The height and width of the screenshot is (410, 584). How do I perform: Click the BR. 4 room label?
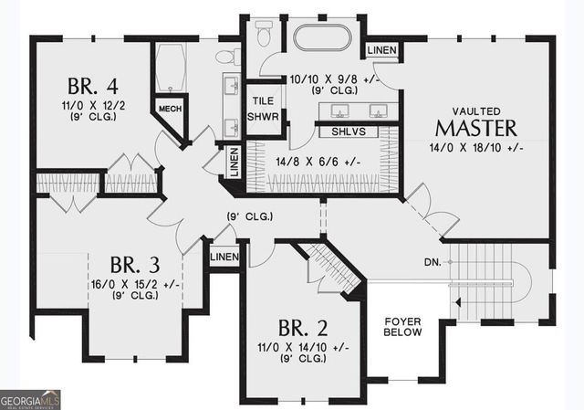(x=93, y=86)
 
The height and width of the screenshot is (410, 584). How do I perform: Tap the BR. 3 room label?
(x=135, y=265)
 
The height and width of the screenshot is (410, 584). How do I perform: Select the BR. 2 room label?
(x=303, y=328)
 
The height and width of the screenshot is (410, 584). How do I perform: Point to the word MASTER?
(x=476, y=128)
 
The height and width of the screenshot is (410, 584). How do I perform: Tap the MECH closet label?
(x=171, y=109)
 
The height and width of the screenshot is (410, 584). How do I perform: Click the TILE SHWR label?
(x=263, y=109)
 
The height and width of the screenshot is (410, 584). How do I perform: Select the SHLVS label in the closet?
(x=349, y=131)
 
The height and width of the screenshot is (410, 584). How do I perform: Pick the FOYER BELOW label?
(x=402, y=327)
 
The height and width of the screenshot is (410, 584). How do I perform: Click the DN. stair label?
(x=433, y=262)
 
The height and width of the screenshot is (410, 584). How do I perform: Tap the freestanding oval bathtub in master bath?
(x=322, y=37)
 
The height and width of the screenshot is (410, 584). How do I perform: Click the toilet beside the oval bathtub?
(x=264, y=34)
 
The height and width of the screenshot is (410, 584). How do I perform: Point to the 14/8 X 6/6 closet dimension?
(x=318, y=163)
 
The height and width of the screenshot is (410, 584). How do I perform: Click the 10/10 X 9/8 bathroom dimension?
(x=335, y=79)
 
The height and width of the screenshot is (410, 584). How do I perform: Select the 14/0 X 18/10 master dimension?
(x=476, y=148)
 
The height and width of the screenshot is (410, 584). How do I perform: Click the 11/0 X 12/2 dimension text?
(x=93, y=106)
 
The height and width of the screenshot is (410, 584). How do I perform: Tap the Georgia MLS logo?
(x=30, y=400)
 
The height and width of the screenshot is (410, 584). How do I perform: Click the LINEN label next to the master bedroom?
(x=382, y=50)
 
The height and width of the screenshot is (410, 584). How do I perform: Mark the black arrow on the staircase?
(x=458, y=302)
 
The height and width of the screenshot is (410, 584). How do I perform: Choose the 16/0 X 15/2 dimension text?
(x=136, y=285)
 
